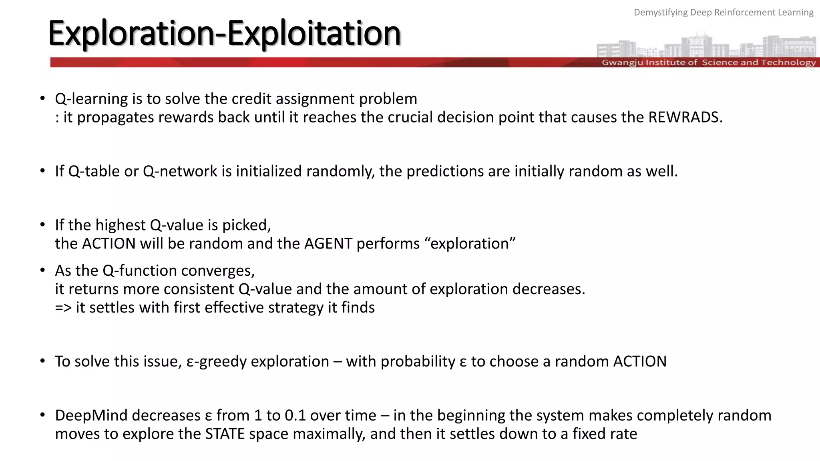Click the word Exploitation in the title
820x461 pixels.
(314, 34)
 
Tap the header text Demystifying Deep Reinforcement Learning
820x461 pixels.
(723, 12)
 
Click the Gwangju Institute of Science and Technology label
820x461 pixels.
(708, 62)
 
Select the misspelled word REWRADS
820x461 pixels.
(685, 117)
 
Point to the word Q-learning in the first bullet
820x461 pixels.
(91, 99)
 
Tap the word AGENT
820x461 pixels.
(328, 244)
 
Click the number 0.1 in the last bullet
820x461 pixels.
(295, 416)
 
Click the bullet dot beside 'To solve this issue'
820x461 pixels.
(42, 361)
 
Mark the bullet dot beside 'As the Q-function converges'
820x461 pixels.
(42, 271)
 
